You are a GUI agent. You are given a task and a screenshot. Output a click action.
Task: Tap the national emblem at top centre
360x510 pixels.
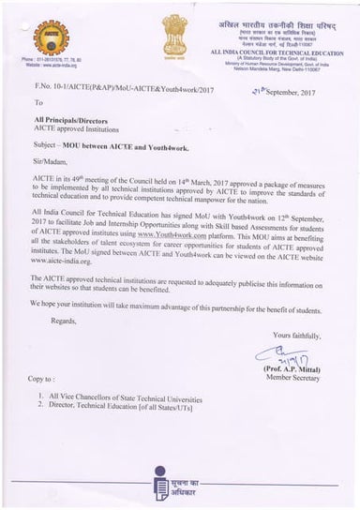click(x=174, y=33)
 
